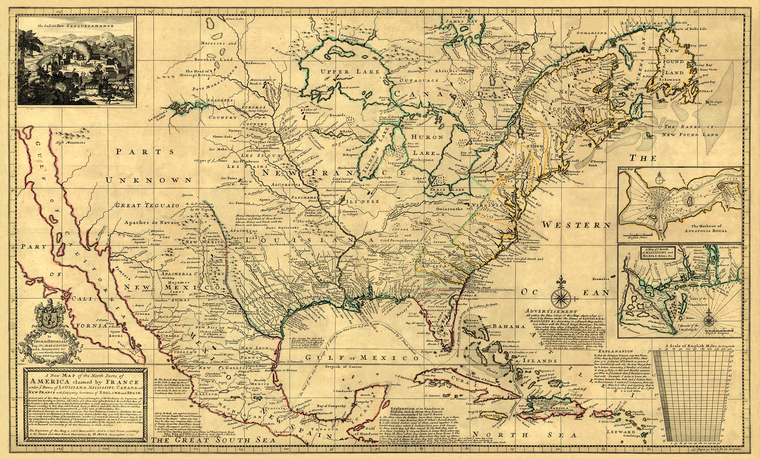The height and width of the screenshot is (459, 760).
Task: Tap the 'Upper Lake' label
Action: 350,72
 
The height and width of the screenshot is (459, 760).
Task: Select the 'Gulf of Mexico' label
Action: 362,358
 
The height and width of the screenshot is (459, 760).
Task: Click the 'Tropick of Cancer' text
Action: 349,367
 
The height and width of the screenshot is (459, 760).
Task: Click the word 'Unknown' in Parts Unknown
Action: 149,180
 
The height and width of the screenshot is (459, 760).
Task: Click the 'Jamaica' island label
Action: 494,415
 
